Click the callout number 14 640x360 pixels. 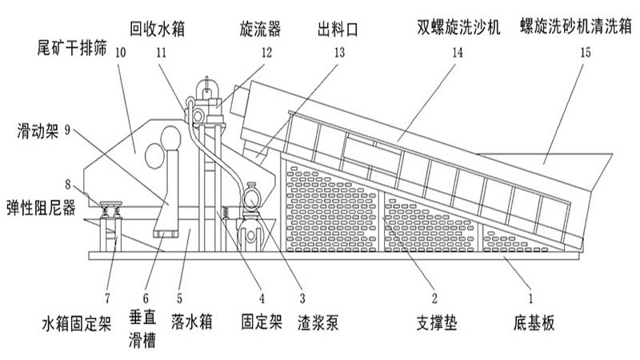point(457,54)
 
